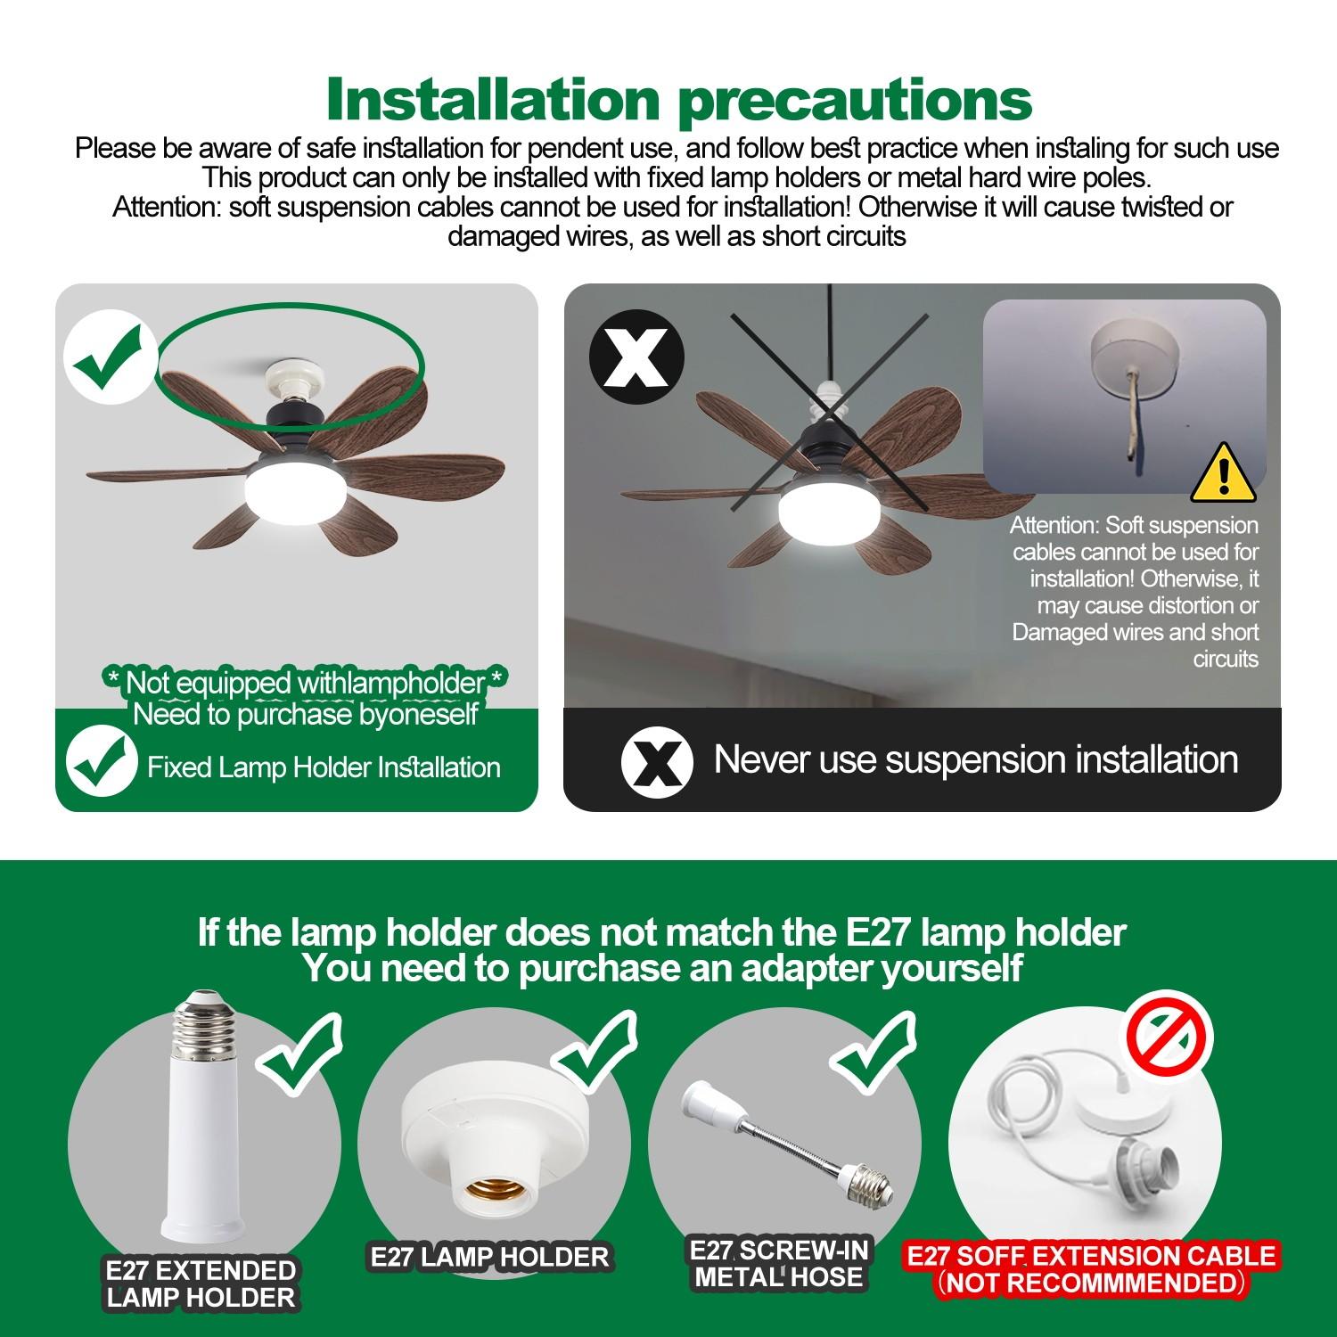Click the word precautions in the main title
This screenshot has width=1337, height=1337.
pyautogui.click(x=856, y=101)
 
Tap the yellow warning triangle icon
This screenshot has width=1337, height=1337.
pyautogui.click(x=1223, y=474)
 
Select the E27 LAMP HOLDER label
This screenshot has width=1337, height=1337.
pyautogui.click(x=489, y=1258)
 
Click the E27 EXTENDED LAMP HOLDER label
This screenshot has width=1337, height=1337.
pyautogui.click(x=201, y=1284)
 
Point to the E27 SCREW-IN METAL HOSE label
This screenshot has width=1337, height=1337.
pyautogui.click(x=779, y=1264)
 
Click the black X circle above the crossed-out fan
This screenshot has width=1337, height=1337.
pyautogui.click(x=636, y=357)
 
